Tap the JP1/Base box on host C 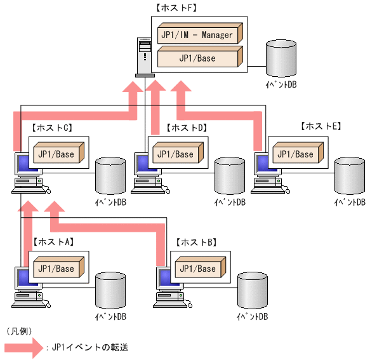click(56, 154)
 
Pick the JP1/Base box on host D click(175, 154)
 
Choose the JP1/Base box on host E click(295, 154)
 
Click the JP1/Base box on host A click(56, 269)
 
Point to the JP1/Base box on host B click(198, 269)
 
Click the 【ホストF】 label click(176, 9)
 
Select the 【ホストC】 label click(51, 128)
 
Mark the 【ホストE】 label click(320, 126)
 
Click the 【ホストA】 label click(53, 242)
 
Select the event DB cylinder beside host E click(350, 175)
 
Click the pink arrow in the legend click(23, 347)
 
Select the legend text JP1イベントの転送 click(89, 348)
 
